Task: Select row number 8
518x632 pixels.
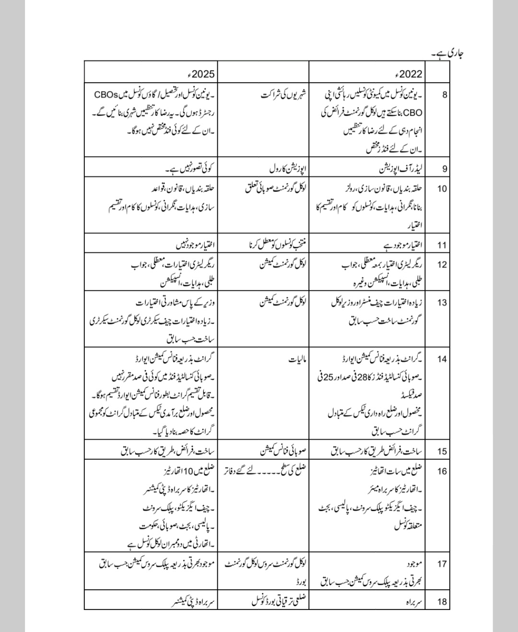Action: (x=445, y=94)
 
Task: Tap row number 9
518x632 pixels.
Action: (x=445, y=169)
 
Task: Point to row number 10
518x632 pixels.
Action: (x=442, y=188)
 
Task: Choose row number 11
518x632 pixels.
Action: (x=442, y=245)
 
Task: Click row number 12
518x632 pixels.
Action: (x=442, y=264)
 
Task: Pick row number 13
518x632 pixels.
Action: (x=442, y=302)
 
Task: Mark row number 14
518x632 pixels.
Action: (x=442, y=358)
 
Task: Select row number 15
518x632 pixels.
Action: (x=442, y=451)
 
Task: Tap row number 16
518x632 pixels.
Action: (x=442, y=471)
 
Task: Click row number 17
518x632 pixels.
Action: (x=442, y=563)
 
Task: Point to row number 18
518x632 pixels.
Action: (x=442, y=601)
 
